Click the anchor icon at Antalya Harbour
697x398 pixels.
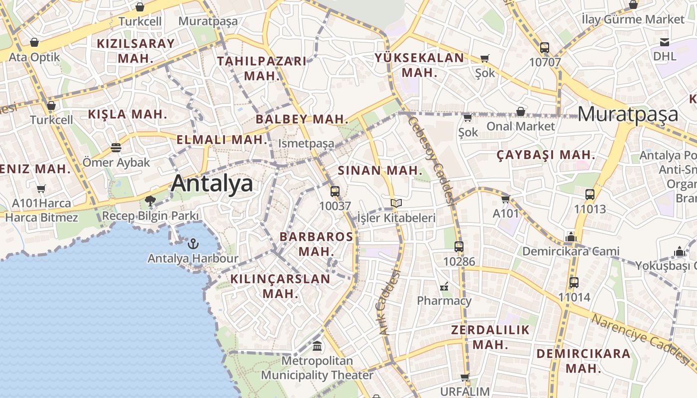click(193, 244)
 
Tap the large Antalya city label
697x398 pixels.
click(212, 184)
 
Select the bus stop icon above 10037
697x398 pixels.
click(335, 191)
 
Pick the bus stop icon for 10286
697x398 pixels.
click(459, 246)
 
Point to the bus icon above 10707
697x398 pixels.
click(545, 48)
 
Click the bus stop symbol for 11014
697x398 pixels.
click(574, 283)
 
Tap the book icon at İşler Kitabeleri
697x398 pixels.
click(396, 203)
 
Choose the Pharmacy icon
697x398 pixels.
click(444, 286)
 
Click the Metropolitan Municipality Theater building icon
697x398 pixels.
click(317, 345)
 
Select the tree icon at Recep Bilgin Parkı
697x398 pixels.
click(150, 201)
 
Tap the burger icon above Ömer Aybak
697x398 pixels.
click(116, 148)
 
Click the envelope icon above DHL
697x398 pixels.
click(665, 42)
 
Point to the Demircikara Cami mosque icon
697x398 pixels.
click(571, 237)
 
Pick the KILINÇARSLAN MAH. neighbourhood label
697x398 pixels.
click(280, 286)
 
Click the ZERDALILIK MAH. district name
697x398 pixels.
click(490, 337)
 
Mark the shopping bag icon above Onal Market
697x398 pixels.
click(520, 111)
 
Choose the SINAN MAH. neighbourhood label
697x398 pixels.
click(380, 171)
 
